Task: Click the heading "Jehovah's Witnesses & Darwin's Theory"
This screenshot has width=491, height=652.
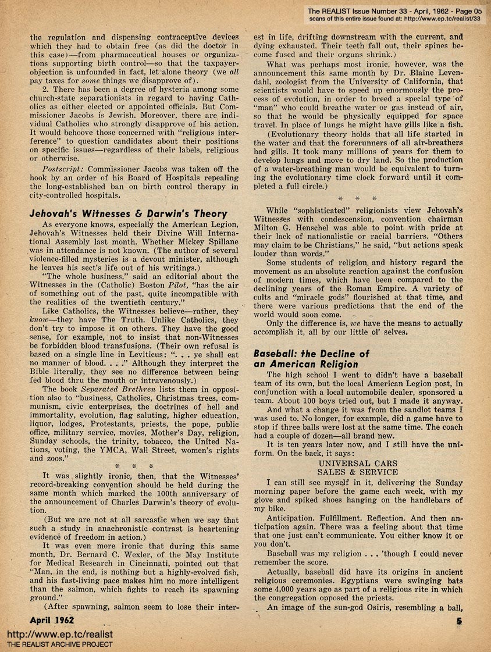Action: [129, 213]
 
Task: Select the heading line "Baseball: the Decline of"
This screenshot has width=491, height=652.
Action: [311, 354]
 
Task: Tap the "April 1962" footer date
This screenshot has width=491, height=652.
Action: [56, 620]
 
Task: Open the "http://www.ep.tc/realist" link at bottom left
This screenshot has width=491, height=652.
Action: [59, 635]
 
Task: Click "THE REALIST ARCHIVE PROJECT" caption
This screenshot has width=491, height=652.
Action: [60, 645]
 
